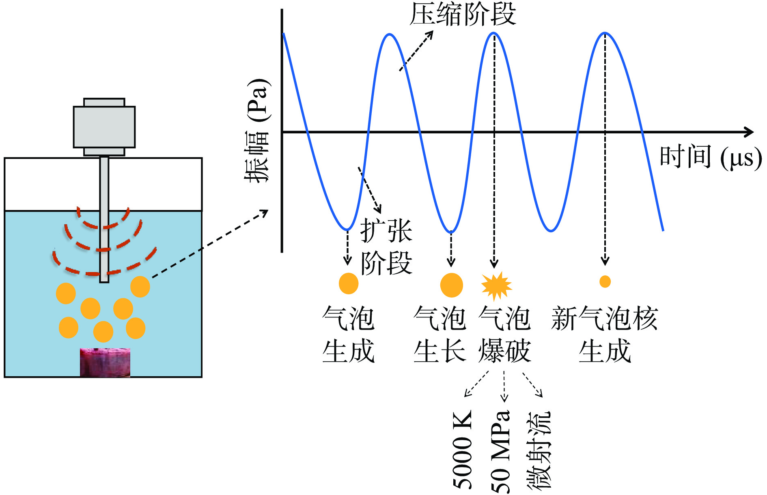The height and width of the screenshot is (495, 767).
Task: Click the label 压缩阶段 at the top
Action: click(x=462, y=15)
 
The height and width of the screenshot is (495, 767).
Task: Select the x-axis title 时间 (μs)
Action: click(x=710, y=157)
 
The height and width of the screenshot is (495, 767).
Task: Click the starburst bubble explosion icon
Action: click(x=496, y=285)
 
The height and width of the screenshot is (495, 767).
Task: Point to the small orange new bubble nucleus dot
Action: click(x=605, y=281)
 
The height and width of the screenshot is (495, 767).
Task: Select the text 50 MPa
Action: click(x=500, y=451)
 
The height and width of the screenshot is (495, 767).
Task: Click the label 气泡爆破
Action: click(x=504, y=334)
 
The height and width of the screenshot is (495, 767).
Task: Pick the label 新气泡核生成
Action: click(x=604, y=334)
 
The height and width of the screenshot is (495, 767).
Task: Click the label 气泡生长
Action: click(x=440, y=334)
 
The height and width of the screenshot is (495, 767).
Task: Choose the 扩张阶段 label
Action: click(x=386, y=247)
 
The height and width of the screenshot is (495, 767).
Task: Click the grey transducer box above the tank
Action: click(x=104, y=127)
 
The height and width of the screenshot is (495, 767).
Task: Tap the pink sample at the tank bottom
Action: click(x=105, y=362)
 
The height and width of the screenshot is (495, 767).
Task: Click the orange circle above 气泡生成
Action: click(x=348, y=283)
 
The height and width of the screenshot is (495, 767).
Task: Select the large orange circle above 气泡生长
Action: click(x=451, y=285)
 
